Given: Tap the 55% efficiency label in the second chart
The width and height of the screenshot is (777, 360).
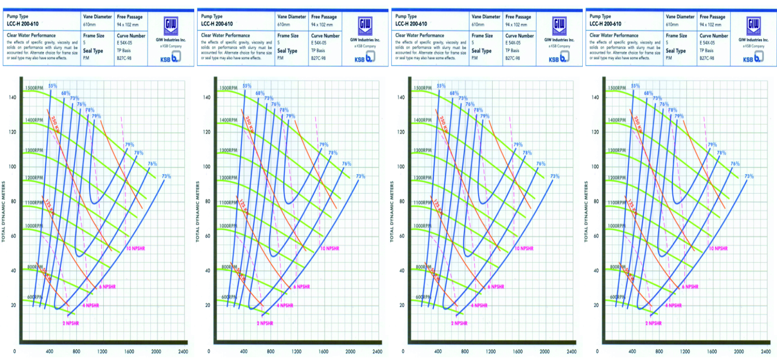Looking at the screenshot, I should [247, 85].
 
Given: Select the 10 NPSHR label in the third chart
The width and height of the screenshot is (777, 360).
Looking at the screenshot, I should [524, 249].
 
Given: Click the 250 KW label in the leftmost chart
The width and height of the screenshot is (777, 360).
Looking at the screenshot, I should [55, 124].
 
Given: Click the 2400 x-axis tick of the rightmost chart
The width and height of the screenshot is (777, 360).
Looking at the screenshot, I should [766, 352].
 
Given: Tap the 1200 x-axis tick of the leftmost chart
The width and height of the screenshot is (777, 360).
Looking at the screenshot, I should [102, 352].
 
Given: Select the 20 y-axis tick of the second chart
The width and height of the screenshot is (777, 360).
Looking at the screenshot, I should [208, 305].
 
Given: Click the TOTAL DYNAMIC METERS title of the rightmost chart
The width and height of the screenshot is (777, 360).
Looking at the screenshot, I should [586, 212].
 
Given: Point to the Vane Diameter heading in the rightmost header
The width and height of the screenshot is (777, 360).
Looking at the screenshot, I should [680, 16].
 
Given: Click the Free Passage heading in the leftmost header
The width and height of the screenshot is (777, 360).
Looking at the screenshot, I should [130, 17].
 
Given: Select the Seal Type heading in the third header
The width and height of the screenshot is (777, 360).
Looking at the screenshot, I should [481, 51].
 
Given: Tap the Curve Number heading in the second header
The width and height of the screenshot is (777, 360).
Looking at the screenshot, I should [325, 36].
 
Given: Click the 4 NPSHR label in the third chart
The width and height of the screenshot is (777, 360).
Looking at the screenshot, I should [479, 306].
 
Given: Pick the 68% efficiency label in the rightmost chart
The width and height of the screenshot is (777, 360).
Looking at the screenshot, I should [649, 93].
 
